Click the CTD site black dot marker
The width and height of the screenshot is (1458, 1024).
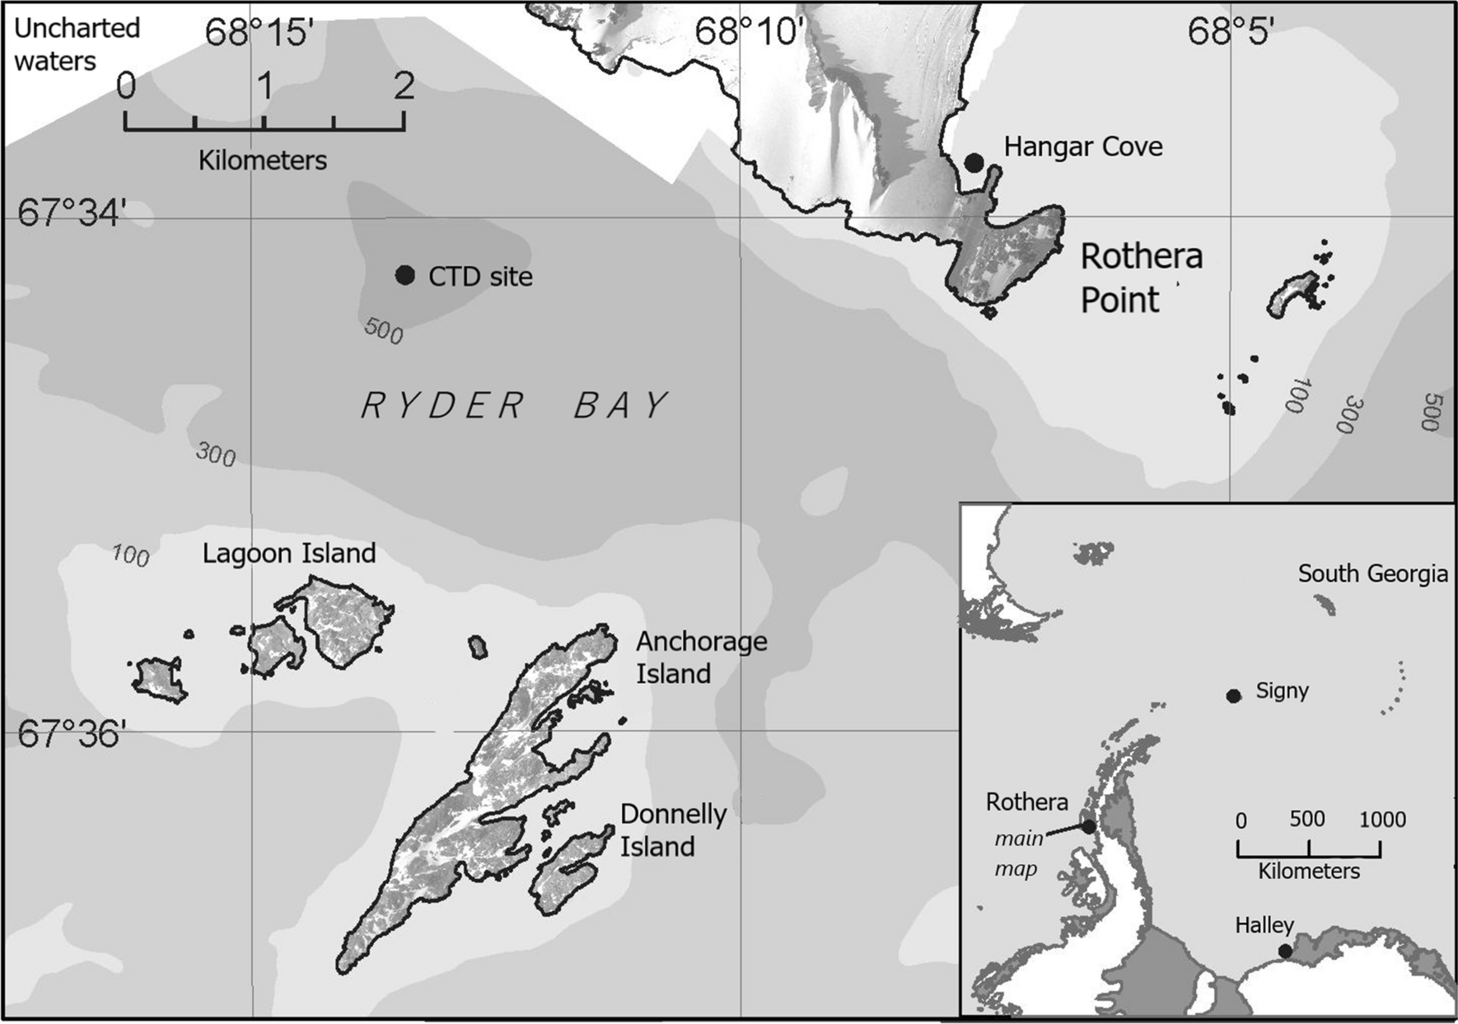pos(404,275)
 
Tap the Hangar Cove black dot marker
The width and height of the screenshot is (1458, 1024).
pos(974,162)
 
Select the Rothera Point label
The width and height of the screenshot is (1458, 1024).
pos(1141,278)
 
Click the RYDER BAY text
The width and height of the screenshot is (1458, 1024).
pos(516,405)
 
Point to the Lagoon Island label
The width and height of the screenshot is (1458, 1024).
pos(289,553)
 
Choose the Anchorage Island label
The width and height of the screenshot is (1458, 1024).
pos(701,657)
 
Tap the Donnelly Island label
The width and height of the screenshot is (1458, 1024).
pos(673,830)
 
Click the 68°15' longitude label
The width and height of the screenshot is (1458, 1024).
pos(259,33)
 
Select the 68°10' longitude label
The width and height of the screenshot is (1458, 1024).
pos(750,33)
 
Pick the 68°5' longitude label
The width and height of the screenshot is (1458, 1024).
pos(1231,33)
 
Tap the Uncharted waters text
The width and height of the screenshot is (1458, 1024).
pos(77,44)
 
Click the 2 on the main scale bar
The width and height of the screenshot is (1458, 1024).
pos(404,86)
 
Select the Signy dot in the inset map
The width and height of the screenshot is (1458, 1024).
pos(1233,696)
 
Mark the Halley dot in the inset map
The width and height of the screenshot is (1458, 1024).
pos(1285,952)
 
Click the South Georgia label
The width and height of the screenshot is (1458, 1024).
pos(1372,573)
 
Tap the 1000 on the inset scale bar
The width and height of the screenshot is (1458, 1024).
pos(1382,820)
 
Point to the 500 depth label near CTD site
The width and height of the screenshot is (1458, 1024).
pos(383,332)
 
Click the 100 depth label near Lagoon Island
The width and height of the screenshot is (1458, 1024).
pos(130,556)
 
